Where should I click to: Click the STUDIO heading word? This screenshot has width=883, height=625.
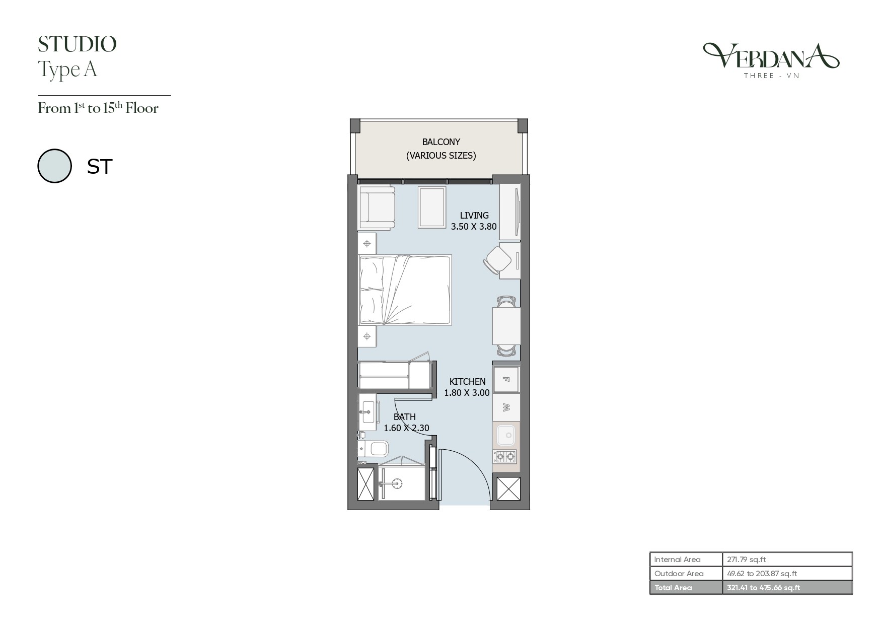pyautogui.click(x=77, y=44)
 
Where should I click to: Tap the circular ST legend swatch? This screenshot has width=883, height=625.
pyautogui.click(x=54, y=166)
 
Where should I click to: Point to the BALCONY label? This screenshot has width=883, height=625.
pyautogui.click(x=441, y=142)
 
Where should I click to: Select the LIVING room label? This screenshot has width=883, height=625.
pyautogui.click(x=474, y=216)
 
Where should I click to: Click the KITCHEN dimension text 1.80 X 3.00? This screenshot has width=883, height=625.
pyautogui.click(x=467, y=393)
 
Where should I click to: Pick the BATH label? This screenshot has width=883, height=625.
pyautogui.click(x=405, y=417)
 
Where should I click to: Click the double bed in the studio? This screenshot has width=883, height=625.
pyautogui.click(x=405, y=290)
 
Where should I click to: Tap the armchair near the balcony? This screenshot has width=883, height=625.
pyautogui.click(x=376, y=207)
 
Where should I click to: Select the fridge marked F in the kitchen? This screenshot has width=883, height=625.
pyautogui.click(x=506, y=379)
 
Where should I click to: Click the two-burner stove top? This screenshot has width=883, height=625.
pyautogui.click(x=505, y=457)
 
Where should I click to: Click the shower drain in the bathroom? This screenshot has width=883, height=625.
pyautogui.click(x=398, y=483)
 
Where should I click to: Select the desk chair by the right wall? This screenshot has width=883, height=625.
pyautogui.click(x=497, y=260)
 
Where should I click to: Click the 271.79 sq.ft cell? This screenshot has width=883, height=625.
pyautogui.click(x=747, y=560)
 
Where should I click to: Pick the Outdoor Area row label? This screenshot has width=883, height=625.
pyautogui.click(x=679, y=574)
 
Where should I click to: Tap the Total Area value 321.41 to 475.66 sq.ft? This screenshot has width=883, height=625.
pyautogui.click(x=764, y=588)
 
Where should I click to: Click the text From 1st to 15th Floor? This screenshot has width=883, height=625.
pyautogui.click(x=98, y=108)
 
